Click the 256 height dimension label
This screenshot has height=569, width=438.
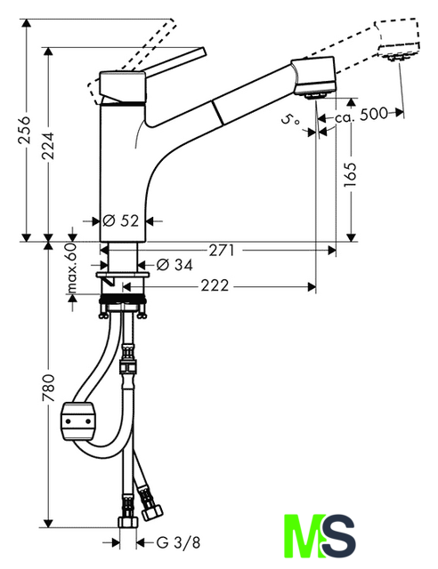click(x=25, y=131)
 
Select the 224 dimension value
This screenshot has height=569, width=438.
click(x=47, y=146)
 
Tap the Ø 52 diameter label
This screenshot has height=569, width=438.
click(x=121, y=220)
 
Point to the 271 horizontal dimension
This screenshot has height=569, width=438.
click(x=222, y=250)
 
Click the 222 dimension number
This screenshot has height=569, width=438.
click(x=215, y=285)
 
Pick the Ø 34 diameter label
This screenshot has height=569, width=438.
click(x=174, y=265)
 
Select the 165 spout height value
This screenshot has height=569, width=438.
click(x=351, y=175)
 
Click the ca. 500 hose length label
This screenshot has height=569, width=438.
click(x=361, y=115)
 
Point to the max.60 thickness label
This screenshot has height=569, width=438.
click(x=72, y=268)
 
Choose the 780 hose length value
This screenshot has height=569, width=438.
click(x=47, y=388)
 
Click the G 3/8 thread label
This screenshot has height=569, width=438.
click(x=178, y=542)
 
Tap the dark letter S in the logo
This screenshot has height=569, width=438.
click(x=339, y=535)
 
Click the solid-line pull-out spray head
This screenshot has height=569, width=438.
click(x=313, y=77)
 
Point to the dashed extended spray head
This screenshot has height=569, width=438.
click(x=397, y=39)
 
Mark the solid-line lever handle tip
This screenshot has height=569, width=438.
click(x=204, y=51)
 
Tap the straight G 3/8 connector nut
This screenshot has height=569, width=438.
click(x=128, y=522)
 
